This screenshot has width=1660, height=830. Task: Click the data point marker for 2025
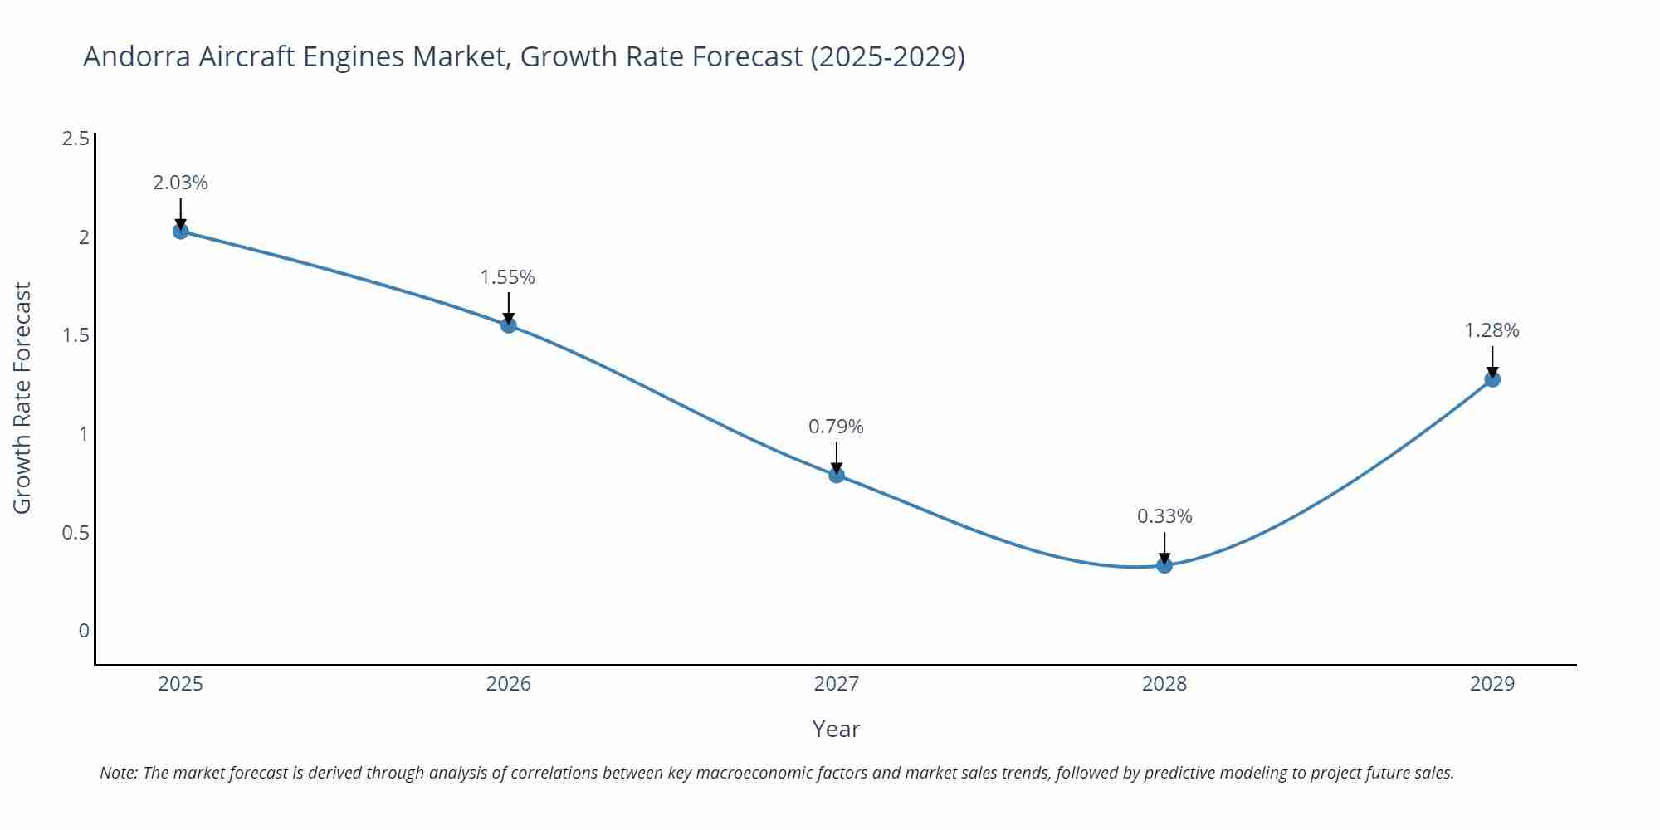[181, 231]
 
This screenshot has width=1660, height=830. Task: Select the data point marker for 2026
[509, 325]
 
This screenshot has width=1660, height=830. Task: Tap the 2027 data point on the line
[837, 475]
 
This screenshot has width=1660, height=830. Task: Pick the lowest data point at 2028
[1164, 565]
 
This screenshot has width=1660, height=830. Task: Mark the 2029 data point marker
[1492, 379]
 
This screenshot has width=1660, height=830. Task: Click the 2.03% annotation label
[180, 183]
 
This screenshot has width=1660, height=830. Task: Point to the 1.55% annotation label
[508, 277]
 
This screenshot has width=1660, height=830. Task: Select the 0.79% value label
[836, 427]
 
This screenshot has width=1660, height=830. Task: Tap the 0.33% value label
[1164, 516]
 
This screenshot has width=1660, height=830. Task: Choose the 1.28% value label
[1492, 330]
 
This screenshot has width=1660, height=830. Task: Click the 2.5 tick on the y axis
[76, 139]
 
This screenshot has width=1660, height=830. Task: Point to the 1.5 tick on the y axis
[76, 335]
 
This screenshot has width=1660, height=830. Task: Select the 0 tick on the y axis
[84, 631]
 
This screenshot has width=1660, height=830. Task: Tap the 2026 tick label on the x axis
[509, 684]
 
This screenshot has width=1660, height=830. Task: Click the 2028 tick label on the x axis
[1164, 684]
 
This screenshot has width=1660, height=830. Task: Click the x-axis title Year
[836, 729]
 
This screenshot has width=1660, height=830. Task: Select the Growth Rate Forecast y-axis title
[22, 398]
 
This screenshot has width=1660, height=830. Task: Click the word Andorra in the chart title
[137, 56]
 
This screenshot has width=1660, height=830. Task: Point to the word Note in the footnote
[118, 773]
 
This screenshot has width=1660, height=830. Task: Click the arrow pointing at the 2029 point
[1492, 362]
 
